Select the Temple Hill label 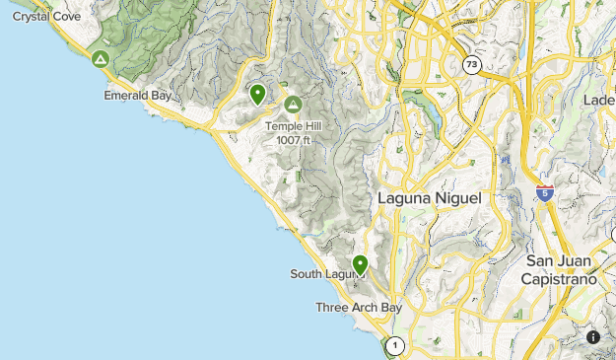tap(293, 126)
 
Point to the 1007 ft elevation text tap(293, 139)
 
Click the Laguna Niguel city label tap(430, 198)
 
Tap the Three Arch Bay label tap(359, 308)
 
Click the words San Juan tap(559, 260)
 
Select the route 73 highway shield tap(472, 65)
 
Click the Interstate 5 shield tap(545, 192)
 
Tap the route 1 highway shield tap(394, 345)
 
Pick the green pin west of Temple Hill tap(257, 95)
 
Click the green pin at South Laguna tap(361, 264)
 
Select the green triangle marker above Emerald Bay tap(100, 60)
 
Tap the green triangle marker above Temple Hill tap(292, 104)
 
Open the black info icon tap(592, 336)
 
